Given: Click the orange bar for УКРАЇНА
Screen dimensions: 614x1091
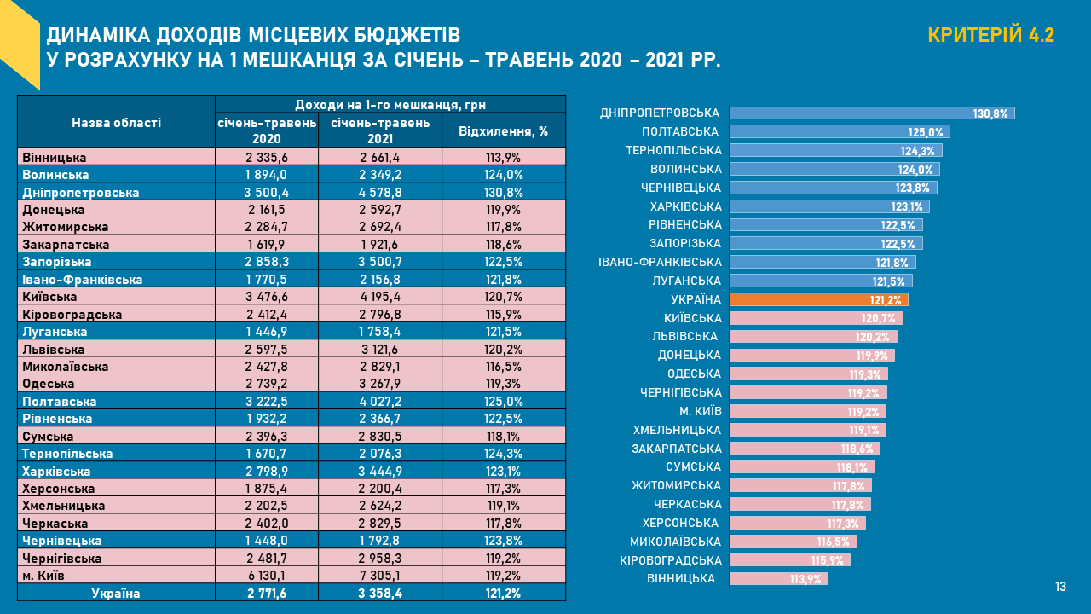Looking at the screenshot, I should (818, 299).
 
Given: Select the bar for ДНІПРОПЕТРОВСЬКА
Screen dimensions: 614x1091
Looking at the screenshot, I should (871, 113).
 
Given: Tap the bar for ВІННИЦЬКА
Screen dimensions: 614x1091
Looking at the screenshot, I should (778, 579).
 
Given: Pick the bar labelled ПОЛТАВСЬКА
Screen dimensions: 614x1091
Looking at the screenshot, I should (839, 132).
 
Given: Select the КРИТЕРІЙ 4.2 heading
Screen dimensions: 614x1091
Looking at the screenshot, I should (990, 35).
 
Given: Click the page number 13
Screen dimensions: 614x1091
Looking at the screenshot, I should (1060, 587).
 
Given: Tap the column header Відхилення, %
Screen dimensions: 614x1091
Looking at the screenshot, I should (503, 131).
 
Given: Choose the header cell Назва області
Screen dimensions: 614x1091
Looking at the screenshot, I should (116, 122).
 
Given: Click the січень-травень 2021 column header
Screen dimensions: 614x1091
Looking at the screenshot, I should (380, 130).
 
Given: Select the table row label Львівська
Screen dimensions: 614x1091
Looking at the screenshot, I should (54, 350).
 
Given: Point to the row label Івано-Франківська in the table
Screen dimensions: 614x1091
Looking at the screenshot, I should (83, 280).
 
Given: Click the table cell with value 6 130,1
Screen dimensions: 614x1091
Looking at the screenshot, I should (266, 576).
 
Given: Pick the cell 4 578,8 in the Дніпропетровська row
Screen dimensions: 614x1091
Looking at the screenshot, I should (379, 193).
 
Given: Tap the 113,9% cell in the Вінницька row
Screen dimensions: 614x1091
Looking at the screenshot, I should (503, 158).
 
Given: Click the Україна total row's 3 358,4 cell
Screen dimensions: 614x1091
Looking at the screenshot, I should (379, 594).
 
